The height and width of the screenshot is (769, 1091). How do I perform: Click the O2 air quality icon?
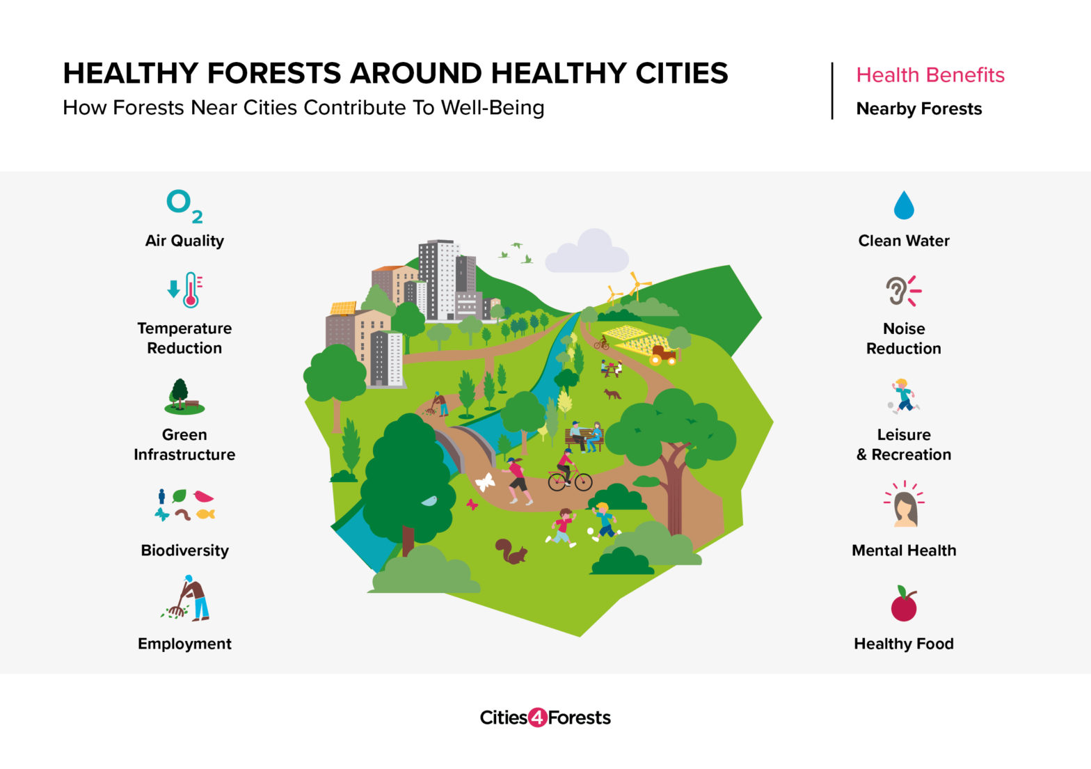pyautogui.click(x=184, y=206)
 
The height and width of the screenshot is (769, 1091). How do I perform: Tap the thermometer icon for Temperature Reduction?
pyautogui.click(x=190, y=290)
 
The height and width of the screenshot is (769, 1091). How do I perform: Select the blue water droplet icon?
pyautogui.click(x=903, y=205)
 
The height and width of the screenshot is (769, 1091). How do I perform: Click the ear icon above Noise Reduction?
pyautogui.click(x=897, y=290)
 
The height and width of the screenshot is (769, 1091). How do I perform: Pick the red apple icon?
pyautogui.click(x=904, y=604)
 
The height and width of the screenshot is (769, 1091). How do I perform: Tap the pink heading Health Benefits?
pyautogui.click(x=930, y=75)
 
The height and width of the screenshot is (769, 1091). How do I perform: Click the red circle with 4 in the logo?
pyautogui.click(x=537, y=718)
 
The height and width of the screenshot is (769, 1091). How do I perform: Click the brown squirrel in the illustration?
pyautogui.click(x=511, y=551)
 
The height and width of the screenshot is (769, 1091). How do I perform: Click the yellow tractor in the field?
pyautogui.click(x=662, y=356)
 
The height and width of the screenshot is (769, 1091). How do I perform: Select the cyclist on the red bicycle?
pyautogui.click(x=568, y=471)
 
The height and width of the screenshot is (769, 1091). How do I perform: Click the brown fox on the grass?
pyautogui.click(x=612, y=394)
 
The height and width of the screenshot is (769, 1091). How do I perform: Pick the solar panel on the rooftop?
pyautogui.click(x=342, y=308)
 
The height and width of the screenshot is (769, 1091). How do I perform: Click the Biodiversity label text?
pyautogui.click(x=184, y=550)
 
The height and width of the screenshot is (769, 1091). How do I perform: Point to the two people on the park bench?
pyautogui.click(x=585, y=436)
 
